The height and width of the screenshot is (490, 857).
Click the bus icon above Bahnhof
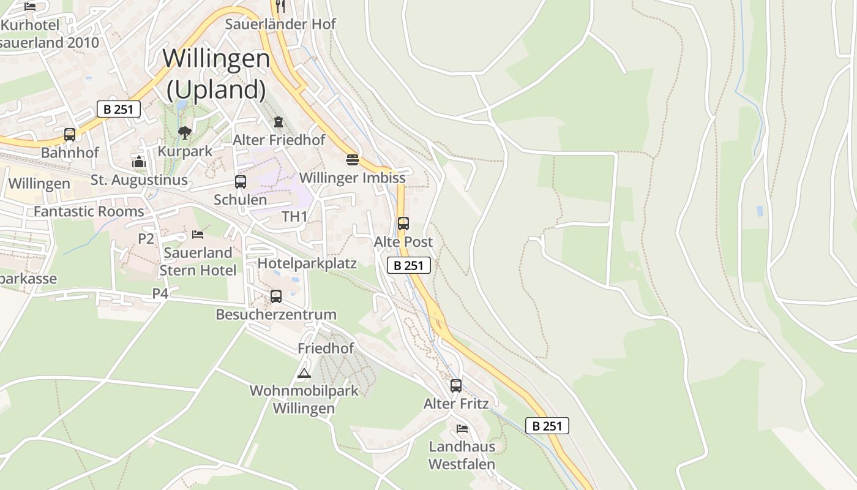(x=70, y=134)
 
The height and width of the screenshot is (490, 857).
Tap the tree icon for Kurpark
(x=184, y=132)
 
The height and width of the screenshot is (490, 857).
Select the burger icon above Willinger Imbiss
(x=352, y=160)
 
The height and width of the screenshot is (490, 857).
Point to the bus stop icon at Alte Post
(x=403, y=224)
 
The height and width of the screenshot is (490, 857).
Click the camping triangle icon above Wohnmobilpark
(x=304, y=372)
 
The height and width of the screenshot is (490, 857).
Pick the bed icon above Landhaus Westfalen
(x=462, y=428)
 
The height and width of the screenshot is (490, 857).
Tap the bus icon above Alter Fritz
(x=456, y=385)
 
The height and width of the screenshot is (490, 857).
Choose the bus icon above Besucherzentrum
(x=276, y=296)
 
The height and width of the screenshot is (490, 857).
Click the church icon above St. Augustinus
(x=139, y=162)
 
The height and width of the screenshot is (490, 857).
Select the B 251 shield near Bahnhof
(x=119, y=110)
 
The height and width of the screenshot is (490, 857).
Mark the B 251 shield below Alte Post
(x=409, y=265)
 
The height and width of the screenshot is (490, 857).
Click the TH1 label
(x=294, y=216)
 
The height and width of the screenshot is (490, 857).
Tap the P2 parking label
(x=146, y=238)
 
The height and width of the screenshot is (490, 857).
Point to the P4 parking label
(x=160, y=293)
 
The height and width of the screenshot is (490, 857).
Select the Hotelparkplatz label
(x=307, y=263)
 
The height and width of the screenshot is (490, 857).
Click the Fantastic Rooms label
(x=89, y=211)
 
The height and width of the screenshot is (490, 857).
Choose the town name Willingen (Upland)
(x=216, y=73)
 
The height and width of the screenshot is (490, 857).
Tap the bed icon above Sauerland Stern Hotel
(x=197, y=234)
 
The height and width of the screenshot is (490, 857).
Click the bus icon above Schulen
(x=241, y=181)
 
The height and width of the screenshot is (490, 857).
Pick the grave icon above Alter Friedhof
(x=279, y=121)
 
